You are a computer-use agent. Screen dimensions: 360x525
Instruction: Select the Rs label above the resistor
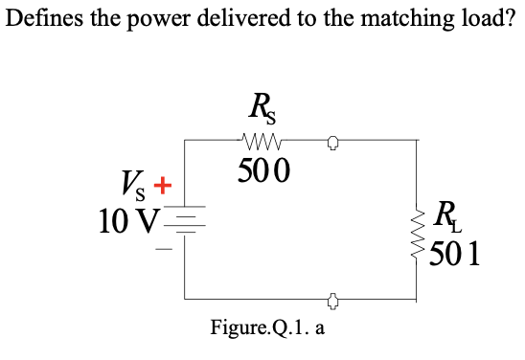259,104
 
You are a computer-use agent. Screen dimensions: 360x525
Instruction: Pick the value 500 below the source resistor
262,172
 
